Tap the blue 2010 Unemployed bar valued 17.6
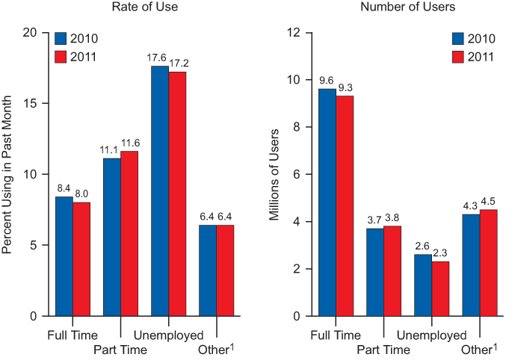(159, 190)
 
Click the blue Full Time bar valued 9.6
(327, 202)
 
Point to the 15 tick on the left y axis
(30, 104)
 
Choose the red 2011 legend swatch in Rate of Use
(61, 56)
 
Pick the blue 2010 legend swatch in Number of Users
(459, 39)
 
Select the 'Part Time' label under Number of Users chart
(383, 349)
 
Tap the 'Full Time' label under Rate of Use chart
(72, 335)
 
